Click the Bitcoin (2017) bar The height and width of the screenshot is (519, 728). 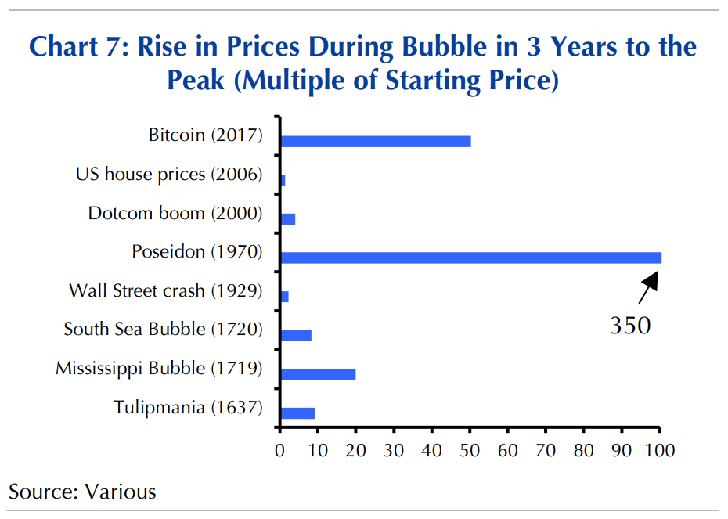[x=376, y=141]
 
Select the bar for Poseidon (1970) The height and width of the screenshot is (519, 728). [x=470, y=258]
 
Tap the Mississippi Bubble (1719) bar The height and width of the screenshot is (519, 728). [x=318, y=374]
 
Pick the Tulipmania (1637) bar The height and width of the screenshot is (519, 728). [x=297, y=413]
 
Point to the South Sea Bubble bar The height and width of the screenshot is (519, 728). [x=296, y=335]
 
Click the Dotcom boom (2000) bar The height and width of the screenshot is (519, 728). [x=287, y=219]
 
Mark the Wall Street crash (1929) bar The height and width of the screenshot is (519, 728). [x=284, y=297]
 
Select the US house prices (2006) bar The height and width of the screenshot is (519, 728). [x=283, y=180]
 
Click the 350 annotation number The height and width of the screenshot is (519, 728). [x=630, y=326]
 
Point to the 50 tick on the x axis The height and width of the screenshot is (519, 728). [x=470, y=450]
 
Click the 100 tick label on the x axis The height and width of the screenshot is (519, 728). [x=659, y=450]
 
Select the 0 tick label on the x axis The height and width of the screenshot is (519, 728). [x=279, y=450]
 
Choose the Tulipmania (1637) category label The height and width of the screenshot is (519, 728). [x=188, y=408]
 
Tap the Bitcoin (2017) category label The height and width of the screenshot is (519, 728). [x=206, y=135]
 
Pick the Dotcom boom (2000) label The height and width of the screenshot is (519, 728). [x=175, y=213]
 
